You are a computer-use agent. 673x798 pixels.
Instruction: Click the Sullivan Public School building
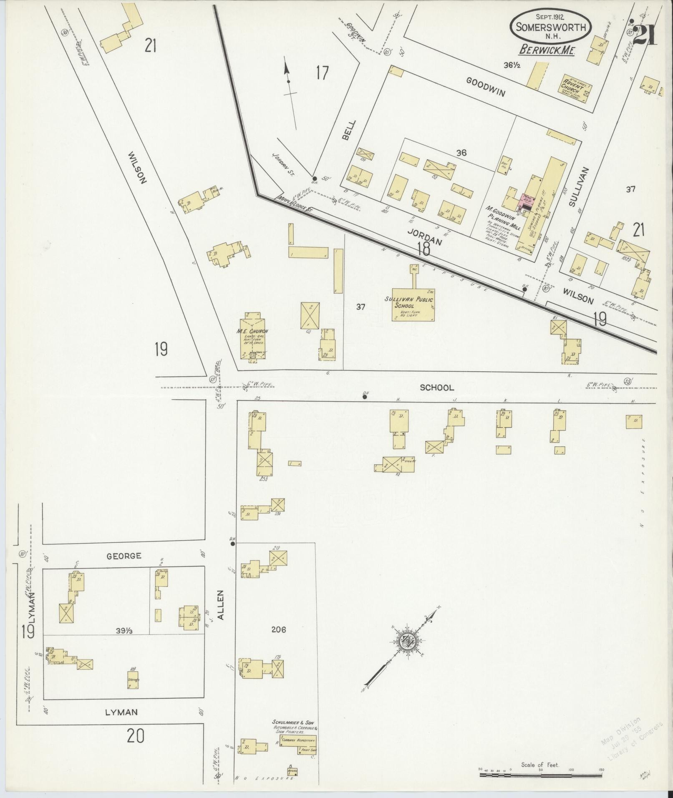coord(413,305)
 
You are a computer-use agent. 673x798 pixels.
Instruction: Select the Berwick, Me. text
coord(547,51)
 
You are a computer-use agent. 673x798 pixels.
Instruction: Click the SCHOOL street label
coord(437,388)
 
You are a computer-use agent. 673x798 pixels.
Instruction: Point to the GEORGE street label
coord(124,556)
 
